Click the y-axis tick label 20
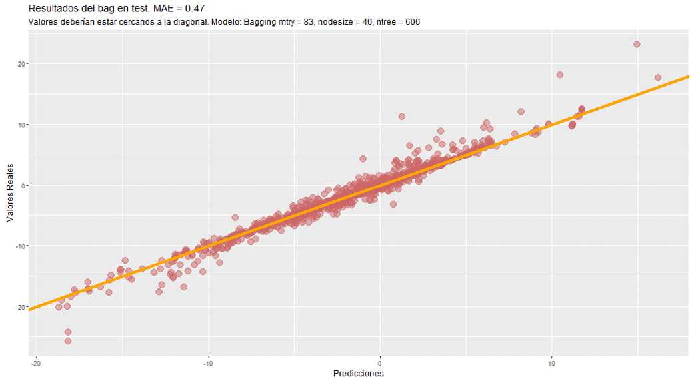21,63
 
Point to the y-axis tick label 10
21,125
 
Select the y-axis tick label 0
23,185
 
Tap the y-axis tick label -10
20,246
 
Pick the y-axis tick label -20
20,307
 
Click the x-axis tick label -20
37,363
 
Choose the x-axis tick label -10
208,363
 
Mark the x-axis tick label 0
380,363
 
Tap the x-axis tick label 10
551,363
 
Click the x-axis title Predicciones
358,374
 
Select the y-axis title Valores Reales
10,190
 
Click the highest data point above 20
637,45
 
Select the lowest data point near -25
68,341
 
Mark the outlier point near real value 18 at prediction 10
560,75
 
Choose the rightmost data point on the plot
658,77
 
